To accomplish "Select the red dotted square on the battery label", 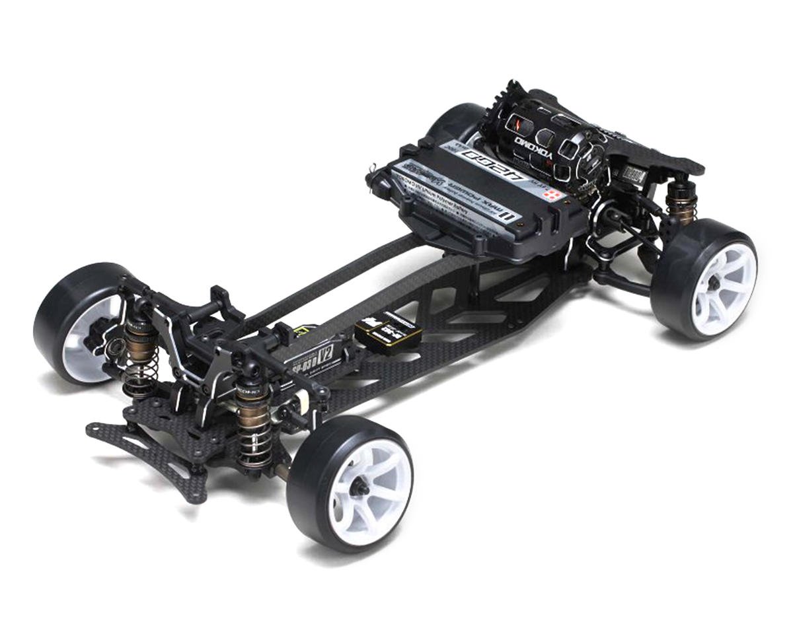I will click(554, 194).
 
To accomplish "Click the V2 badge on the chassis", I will click(325, 353).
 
